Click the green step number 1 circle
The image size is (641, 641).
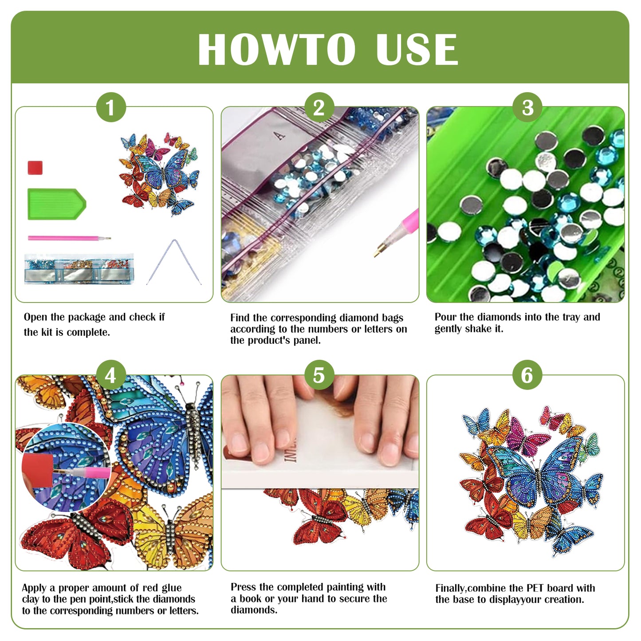pyautogui.click(x=111, y=107)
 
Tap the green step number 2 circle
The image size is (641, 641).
pyautogui.click(x=319, y=107)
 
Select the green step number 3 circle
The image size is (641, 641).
pyautogui.click(x=527, y=107)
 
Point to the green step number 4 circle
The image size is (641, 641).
pyautogui.click(x=111, y=375)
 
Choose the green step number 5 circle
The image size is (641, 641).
pyautogui.click(x=319, y=375)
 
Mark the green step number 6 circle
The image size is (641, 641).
pyautogui.click(x=527, y=375)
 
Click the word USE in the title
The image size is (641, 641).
pyautogui.click(x=416, y=50)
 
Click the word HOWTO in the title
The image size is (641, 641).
pyautogui.click(x=276, y=50)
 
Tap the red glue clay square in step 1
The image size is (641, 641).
pyautogui.click(x=35, y=168)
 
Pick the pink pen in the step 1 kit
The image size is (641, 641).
pyautogui.click(x=69, y=238)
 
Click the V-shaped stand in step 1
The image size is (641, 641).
pyautogui.click(x=174, y=262)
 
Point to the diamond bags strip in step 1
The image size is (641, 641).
pyautogui.click(x=79, y=269)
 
